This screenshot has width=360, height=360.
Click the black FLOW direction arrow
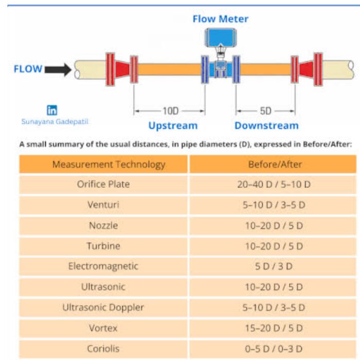[x=58, y=69]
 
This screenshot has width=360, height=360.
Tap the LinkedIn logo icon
[x=52, y=110]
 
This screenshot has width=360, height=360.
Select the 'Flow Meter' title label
[x=220, y=19]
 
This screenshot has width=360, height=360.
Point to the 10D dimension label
[x=169, y=111]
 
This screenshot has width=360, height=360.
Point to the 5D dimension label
[x=265, y=111]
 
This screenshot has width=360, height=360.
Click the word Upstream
[x=173, y=125]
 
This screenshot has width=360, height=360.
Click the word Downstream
[x=266, y=125]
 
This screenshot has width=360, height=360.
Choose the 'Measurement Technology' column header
[x=109, y=165]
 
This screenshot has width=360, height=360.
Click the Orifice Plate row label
[x=103, y=184]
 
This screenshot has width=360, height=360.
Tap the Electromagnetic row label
[x=103, y=266]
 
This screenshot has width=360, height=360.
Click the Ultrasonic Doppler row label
[x=103, y=308]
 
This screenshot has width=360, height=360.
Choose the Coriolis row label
[x=103, y=349]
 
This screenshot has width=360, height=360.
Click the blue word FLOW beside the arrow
[x=28, y=69]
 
